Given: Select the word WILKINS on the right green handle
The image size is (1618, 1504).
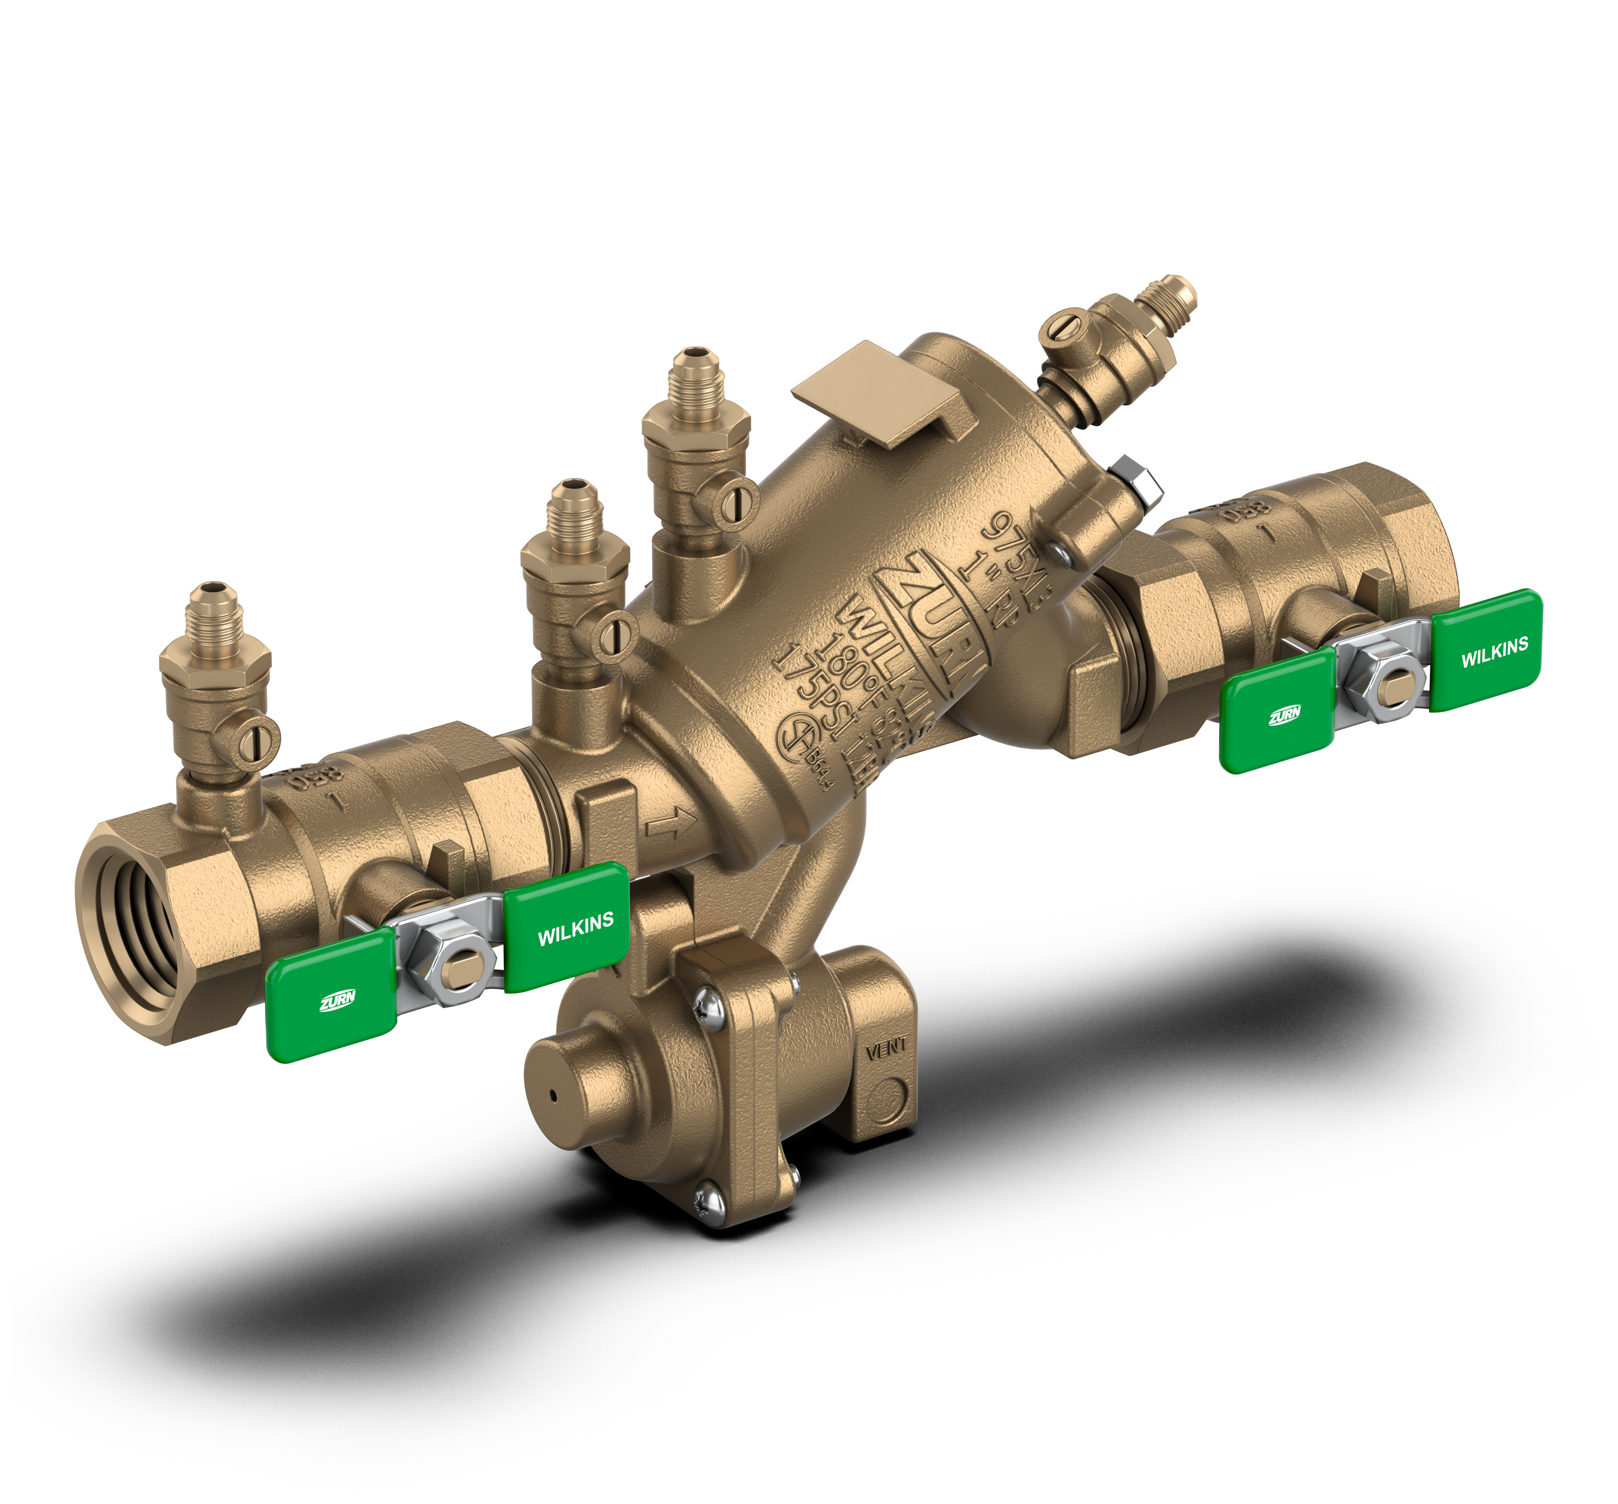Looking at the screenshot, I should tap(1494, 653).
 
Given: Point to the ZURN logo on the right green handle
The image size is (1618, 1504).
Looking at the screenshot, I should tap(1284, 716).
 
